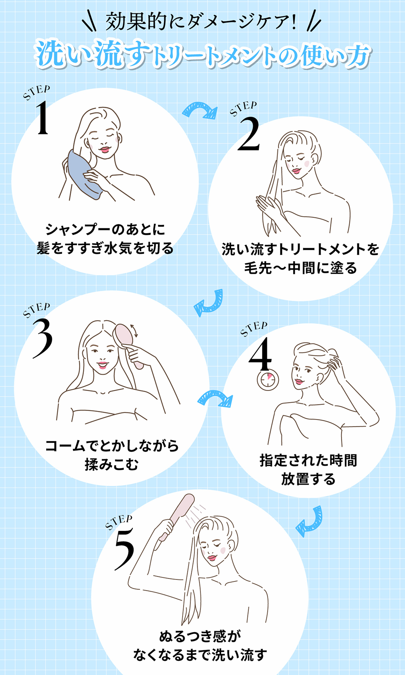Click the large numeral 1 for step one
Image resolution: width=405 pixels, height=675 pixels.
43,118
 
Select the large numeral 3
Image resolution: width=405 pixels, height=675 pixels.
43,338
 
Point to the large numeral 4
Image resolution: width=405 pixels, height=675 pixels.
260,354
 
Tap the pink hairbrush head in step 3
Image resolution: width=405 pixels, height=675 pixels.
123,336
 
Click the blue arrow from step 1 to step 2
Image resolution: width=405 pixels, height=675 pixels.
200,111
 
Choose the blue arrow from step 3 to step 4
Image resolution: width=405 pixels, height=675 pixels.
215,398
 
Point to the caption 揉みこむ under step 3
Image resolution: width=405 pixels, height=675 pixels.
111,464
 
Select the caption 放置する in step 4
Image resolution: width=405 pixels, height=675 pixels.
308,479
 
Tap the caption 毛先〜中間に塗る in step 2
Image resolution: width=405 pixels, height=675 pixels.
300,268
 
